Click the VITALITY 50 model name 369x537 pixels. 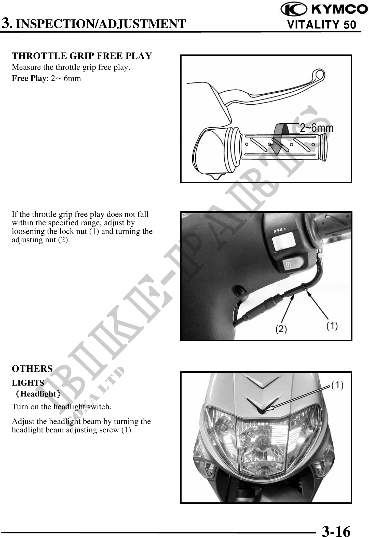[x=322, y=25]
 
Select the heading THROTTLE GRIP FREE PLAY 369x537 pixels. [x=82, y=56]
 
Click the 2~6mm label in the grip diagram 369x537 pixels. [x=317, y=128]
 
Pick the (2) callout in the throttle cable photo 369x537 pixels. [x=281, y=329]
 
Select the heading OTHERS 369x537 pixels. [x=32, y=369]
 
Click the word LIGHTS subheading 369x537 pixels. [x=28, y=383]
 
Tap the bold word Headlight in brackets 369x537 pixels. [x=38, y=394]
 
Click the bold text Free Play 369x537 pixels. [x=29, y=79]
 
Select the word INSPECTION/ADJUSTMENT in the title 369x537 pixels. [x=103, y=24]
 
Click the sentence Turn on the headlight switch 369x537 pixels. [x=62, y=407]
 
